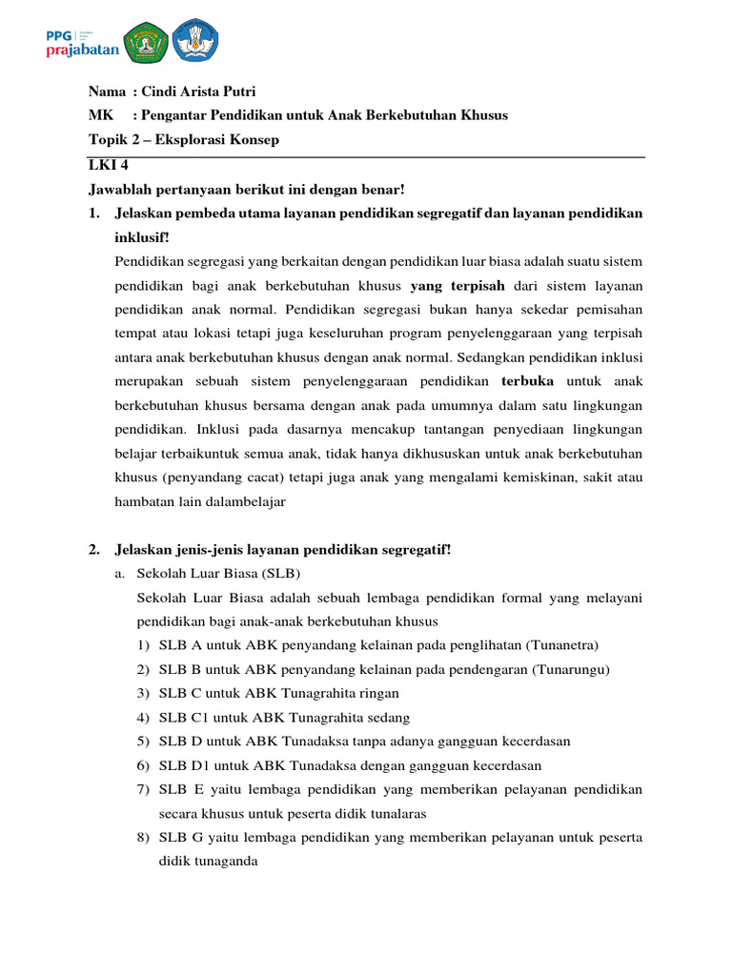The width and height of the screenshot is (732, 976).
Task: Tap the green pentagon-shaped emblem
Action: click(x=144, y=39)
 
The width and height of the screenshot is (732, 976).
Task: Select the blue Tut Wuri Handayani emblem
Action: click(x=195, y=39)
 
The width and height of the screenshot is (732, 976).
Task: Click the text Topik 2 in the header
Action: click(x=114, y=140)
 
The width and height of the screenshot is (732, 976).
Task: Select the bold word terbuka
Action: click(x=527, y=381)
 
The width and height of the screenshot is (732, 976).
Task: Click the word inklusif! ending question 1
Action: click(x=141, y=236)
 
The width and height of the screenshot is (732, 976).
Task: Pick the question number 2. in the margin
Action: click(x=94, y=549)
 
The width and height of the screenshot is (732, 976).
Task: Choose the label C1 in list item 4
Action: click(x=199, y=717)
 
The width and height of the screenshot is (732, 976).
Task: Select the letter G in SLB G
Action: click(x=193, y=837)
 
